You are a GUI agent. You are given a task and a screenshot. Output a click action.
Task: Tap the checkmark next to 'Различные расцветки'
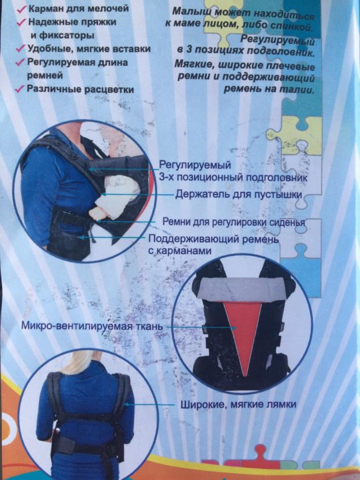click(20, 89)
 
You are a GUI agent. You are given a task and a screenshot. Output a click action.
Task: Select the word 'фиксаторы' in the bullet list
click(62, 35)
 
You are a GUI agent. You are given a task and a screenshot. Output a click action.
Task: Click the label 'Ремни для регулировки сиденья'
click(233, 221)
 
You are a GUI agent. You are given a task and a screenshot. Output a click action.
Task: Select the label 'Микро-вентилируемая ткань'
click(92, 325)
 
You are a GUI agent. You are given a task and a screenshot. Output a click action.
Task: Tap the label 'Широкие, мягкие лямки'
click(238, 405)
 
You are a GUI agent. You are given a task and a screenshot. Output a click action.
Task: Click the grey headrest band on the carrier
click(242, 289)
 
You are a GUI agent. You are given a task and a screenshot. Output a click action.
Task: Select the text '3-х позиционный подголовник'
click(233, 177)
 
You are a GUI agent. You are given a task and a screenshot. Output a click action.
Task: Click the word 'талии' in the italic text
click(301, 90)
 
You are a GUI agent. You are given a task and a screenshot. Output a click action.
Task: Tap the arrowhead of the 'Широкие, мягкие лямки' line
click(126, 405)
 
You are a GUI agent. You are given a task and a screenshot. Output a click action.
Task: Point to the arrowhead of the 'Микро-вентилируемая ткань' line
click(235, 327)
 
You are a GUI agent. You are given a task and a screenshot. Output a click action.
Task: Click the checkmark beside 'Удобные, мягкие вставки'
click(21, 49)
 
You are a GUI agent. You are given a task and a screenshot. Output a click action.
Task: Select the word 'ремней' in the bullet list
click(45, 76)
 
